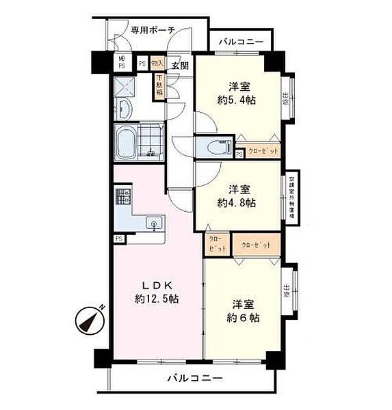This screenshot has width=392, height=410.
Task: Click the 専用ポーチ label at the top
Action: (153, 29)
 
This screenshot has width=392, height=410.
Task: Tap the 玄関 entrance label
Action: (180, 66)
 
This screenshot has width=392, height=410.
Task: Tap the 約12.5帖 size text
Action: (157, 299)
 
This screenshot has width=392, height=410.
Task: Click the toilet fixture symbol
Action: (215, 147)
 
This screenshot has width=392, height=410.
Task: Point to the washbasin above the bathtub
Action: (126, 110)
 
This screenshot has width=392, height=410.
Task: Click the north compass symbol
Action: (88, 320)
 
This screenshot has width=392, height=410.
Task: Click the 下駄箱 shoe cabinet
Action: (159, 87)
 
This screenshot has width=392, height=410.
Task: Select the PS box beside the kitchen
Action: (119, 238)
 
